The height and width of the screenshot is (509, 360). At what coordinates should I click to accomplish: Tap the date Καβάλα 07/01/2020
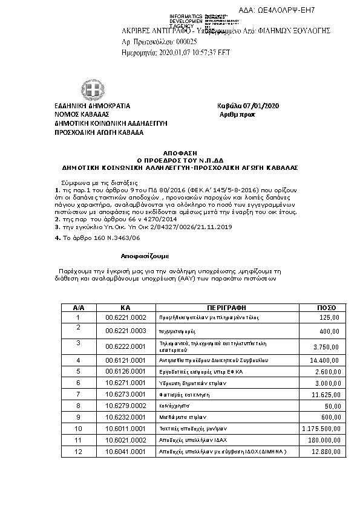249,106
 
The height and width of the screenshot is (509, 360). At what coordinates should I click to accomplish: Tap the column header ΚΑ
126,308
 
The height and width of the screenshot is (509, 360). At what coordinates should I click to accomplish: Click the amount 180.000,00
324,440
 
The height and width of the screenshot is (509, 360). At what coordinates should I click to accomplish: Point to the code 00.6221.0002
126,317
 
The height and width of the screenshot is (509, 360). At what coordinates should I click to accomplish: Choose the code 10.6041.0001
126,451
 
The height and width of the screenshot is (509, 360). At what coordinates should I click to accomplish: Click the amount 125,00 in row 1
329,317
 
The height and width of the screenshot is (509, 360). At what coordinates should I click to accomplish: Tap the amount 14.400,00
326,360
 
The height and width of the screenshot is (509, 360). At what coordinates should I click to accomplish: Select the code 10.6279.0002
126,406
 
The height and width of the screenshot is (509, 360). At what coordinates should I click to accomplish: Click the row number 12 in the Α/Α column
78,451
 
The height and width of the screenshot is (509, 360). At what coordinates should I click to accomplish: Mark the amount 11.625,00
326,394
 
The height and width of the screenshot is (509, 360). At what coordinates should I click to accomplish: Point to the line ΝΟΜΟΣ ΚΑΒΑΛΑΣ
82,114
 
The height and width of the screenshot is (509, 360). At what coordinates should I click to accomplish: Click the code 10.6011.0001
126,429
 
